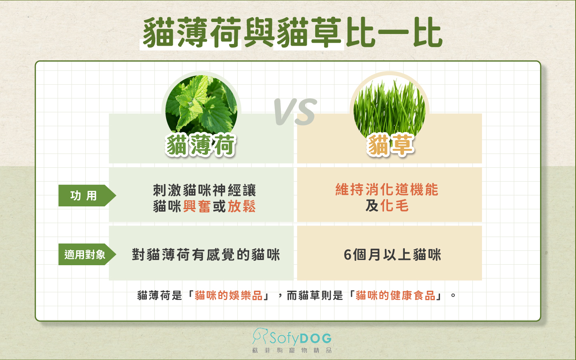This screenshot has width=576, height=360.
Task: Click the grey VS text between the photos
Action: [295, 112]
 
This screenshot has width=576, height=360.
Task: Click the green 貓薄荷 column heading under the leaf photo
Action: [201, 145]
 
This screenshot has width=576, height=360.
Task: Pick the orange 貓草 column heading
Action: [390, 145]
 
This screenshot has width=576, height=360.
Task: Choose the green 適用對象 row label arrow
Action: [86, 254]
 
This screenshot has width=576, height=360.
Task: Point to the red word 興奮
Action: [197, 206]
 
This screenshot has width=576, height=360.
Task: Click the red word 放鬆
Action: [242, 206]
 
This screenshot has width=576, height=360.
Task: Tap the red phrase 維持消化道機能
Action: [387, 190]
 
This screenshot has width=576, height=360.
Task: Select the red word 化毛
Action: [394, 206]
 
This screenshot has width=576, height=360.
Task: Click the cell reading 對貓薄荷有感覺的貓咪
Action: [206, 255]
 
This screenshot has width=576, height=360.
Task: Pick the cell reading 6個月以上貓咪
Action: [392, 255]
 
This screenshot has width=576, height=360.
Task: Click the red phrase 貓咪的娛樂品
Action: [228, 296]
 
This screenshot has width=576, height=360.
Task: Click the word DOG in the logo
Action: [316, 339]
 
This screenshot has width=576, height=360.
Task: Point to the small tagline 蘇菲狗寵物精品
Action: [292, 350]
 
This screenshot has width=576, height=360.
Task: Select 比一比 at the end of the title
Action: [394, 33]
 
